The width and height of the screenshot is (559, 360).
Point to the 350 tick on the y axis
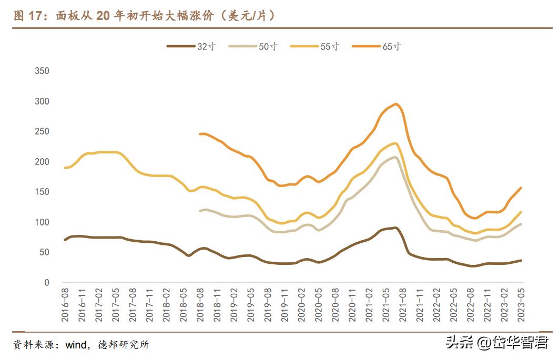click(42, 71)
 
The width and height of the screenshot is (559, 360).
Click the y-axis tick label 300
click(42, 101)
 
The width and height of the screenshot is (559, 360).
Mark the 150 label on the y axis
click(42, 192)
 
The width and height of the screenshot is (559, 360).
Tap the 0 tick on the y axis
click(46, 283)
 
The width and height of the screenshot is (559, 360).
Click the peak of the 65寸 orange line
click(395, 104)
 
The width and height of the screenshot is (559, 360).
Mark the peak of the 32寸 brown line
click(395, 228)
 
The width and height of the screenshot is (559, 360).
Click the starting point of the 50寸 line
click(200, 211)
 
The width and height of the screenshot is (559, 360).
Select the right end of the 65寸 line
click(521, 188)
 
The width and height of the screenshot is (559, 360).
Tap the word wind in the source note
click(76, 345)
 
